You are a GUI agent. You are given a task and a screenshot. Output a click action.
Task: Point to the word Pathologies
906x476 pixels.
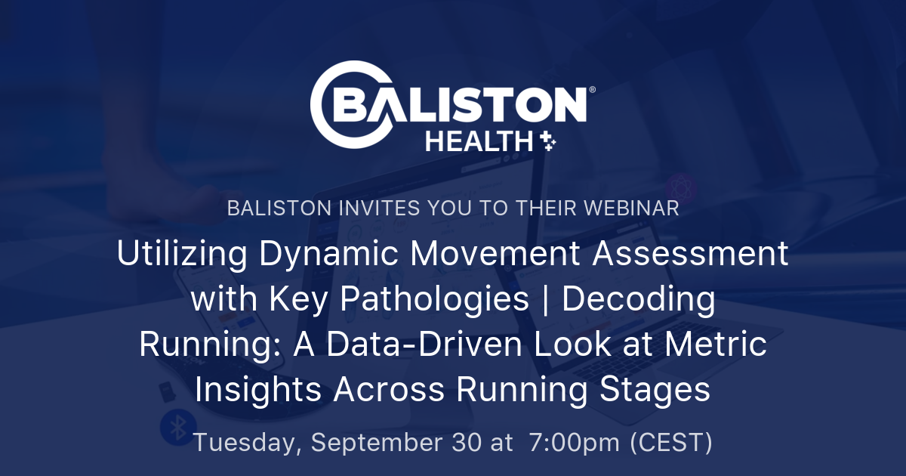(x=434, y=300)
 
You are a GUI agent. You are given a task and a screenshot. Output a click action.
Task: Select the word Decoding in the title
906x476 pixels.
(x=639, y=300)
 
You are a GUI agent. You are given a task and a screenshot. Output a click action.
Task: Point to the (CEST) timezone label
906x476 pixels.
(x=671, y=443)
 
